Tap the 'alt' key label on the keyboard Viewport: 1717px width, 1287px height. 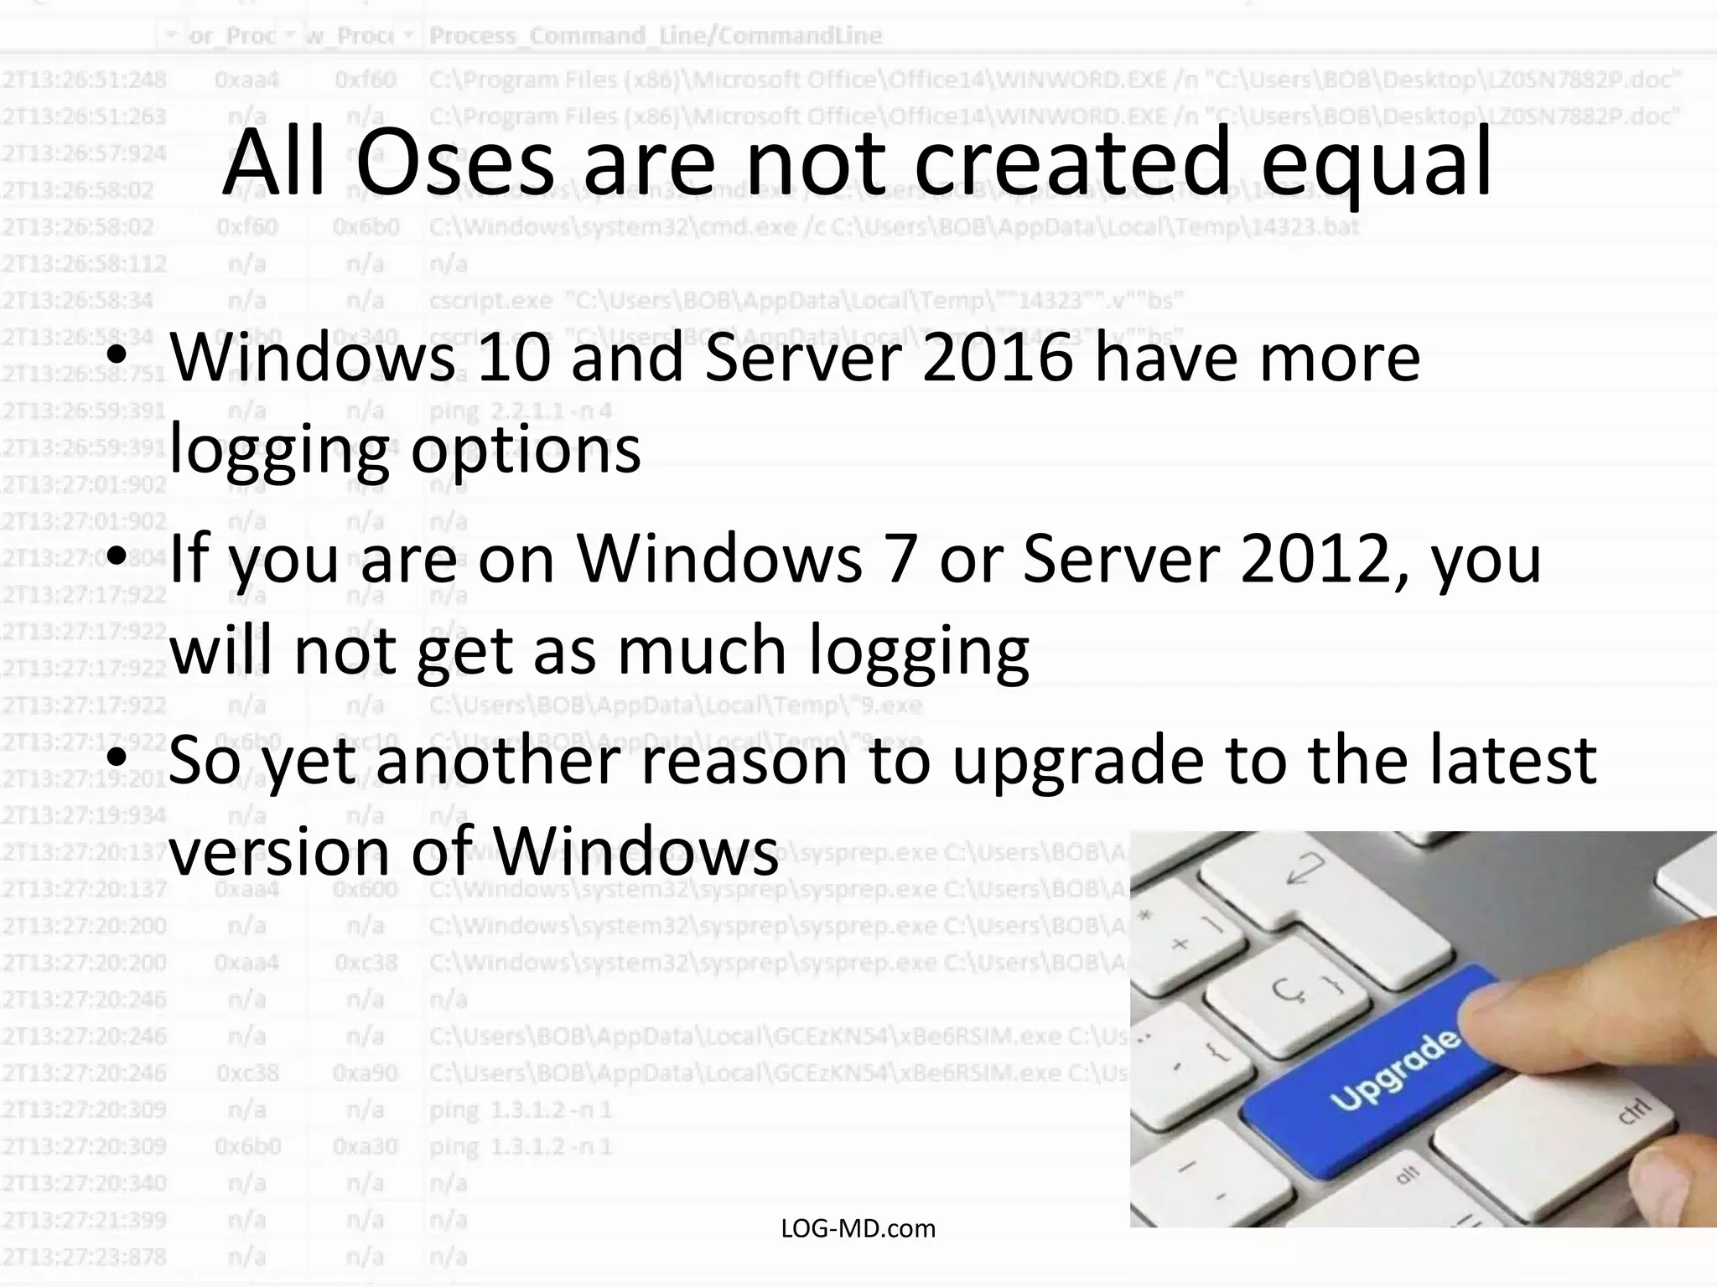click(x=1408, y=1174)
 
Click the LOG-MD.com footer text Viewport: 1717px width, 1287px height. click(x=858, y=1228)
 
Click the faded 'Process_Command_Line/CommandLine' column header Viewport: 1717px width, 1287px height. click(x=655, y=36)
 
